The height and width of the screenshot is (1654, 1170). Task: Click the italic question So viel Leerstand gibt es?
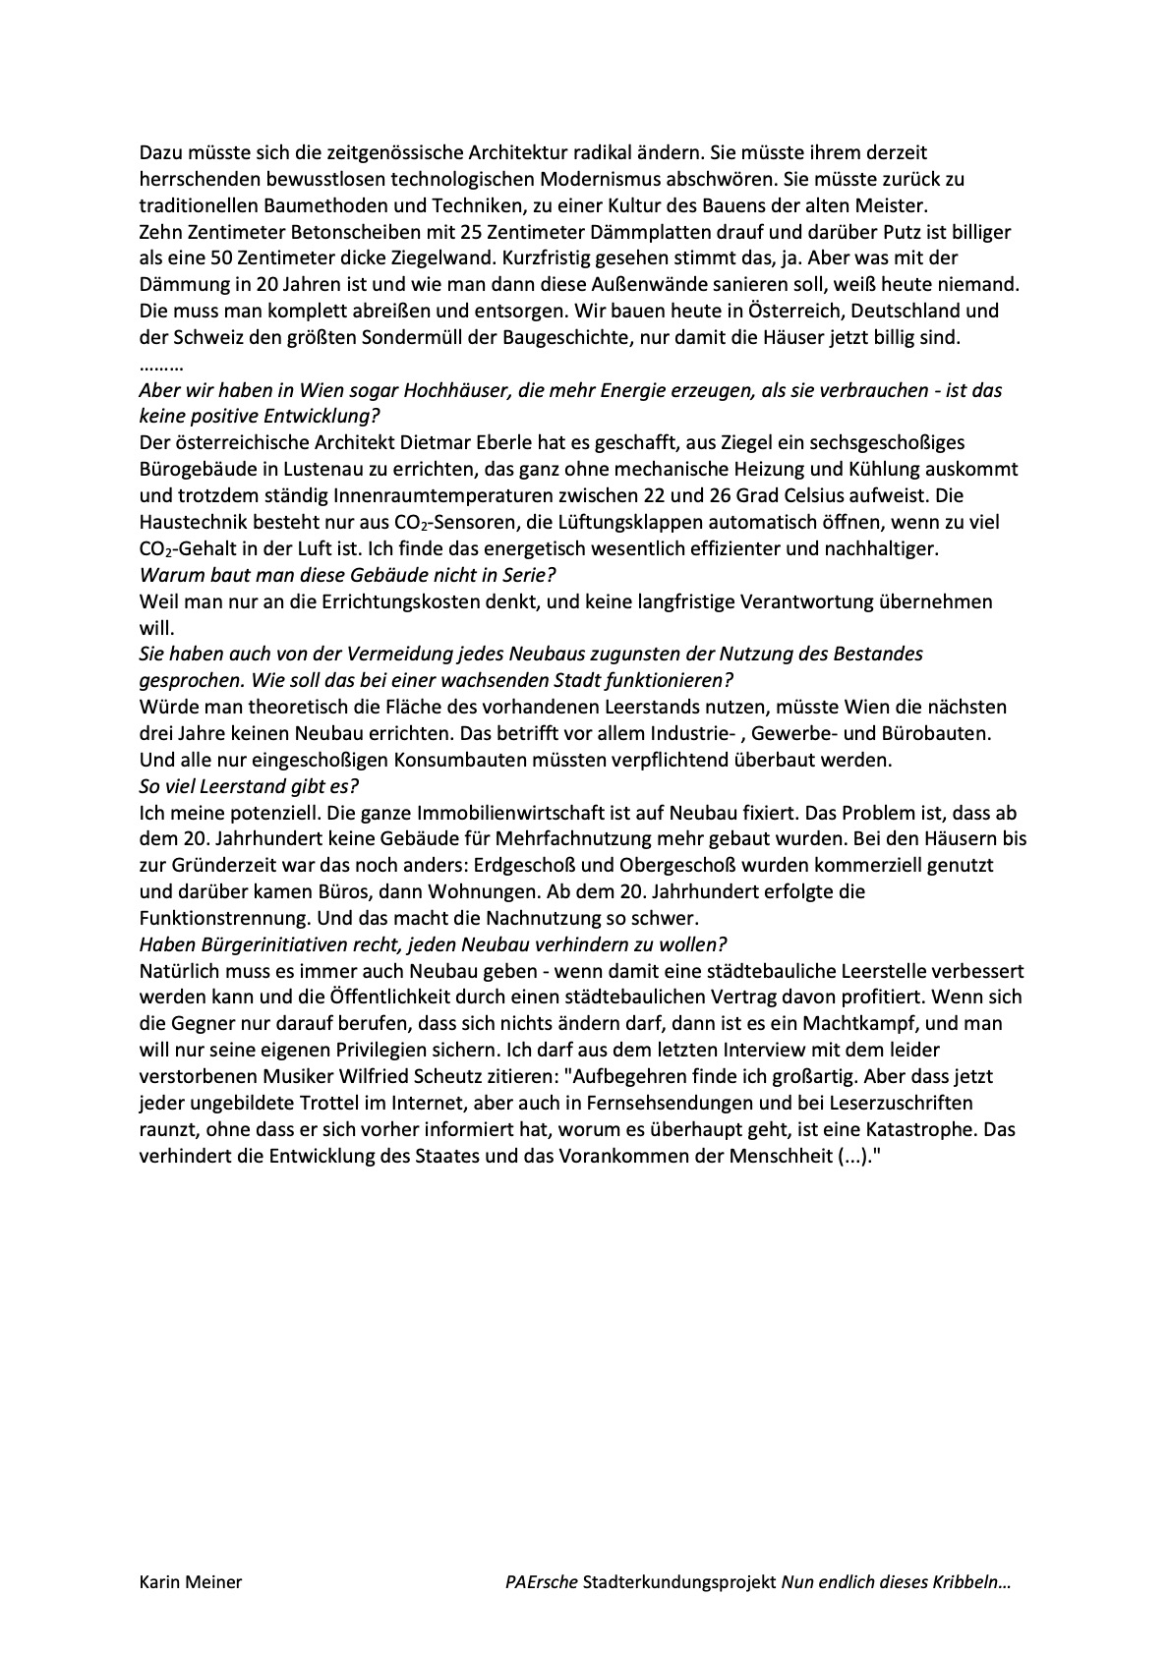coord(250,786)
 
